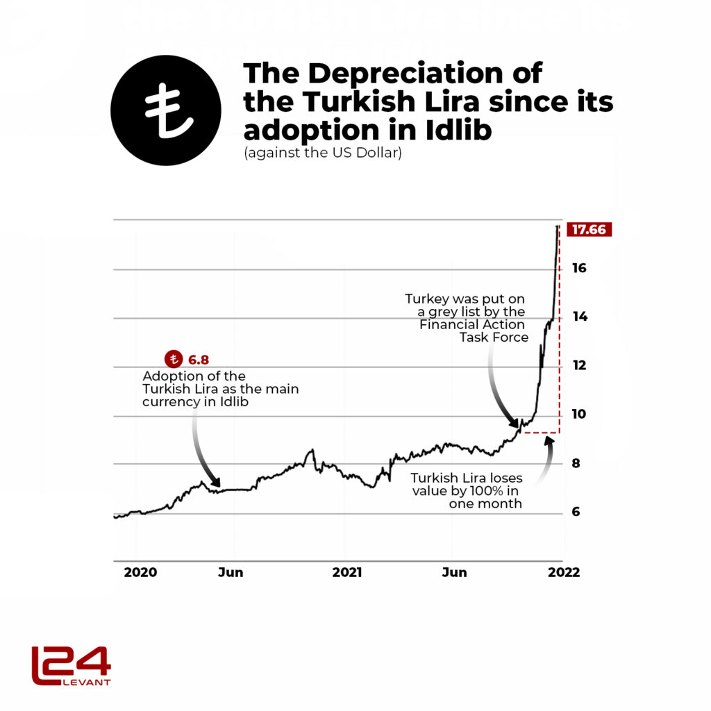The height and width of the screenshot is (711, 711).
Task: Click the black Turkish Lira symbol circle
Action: (x=166, y=110)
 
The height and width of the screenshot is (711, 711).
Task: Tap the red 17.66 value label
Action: (x=589, y=230)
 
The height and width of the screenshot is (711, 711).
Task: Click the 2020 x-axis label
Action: (x=141, y=573)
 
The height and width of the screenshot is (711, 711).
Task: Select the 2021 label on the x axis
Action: (x=346, y=573)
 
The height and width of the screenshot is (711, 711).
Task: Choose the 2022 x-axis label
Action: (x=563, y=573)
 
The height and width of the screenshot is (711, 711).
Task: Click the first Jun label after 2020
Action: (x=231, y=573)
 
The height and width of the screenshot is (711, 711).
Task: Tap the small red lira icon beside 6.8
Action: (x=173, y=360)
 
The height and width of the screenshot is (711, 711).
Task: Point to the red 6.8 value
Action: (x=198, y=360)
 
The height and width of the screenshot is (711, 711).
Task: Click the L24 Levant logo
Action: (x=71, y=665)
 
